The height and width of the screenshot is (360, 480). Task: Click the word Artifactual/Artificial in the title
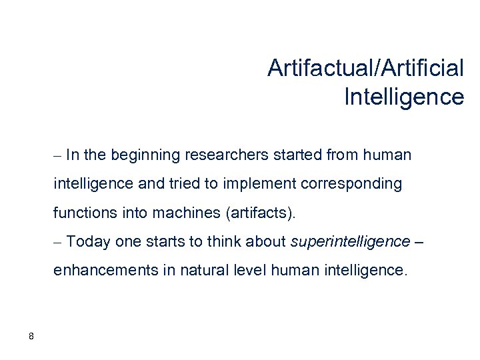point(365,67)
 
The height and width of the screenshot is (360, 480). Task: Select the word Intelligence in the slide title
point(404,97)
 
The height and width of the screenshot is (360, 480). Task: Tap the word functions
point(81,214)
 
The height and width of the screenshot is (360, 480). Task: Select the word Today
point(88,243)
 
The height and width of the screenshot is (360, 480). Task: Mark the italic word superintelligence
point(351,243)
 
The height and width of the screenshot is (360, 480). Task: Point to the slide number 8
point(31,336)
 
